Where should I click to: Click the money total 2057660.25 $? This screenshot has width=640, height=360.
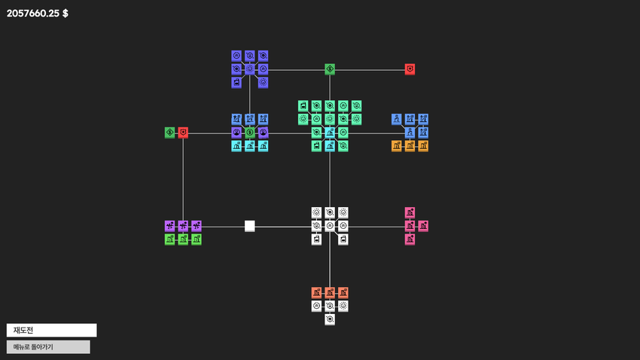point(37,14)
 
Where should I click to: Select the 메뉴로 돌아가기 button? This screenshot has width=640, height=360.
point(48,347)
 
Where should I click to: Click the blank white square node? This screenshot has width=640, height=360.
point(250,226)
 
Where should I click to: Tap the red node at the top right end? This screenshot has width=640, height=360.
point(410,69)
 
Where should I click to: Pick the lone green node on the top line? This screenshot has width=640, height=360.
point(330,69)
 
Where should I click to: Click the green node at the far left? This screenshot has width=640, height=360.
point(170,133)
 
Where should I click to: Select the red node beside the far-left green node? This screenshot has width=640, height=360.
point(183,133)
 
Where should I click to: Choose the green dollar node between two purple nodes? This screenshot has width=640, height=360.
point(250,133)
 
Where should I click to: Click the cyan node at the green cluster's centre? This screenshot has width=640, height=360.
point(330,133)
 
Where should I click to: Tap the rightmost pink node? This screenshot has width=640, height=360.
point(423,226)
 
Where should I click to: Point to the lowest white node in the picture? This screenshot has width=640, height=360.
point(330,319)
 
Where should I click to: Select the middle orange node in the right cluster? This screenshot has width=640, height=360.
point(410,146)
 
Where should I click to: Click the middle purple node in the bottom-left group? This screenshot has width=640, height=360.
point(183,226)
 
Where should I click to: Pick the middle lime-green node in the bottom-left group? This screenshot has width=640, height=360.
point(183,239)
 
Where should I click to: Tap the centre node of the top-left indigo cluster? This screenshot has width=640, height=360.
point(250,69)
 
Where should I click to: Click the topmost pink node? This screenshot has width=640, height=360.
point(410,212)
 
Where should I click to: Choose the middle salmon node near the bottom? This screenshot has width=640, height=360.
point(330,293)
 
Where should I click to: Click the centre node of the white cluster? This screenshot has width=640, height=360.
point(330,226)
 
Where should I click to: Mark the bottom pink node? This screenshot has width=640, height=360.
point(410,239)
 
